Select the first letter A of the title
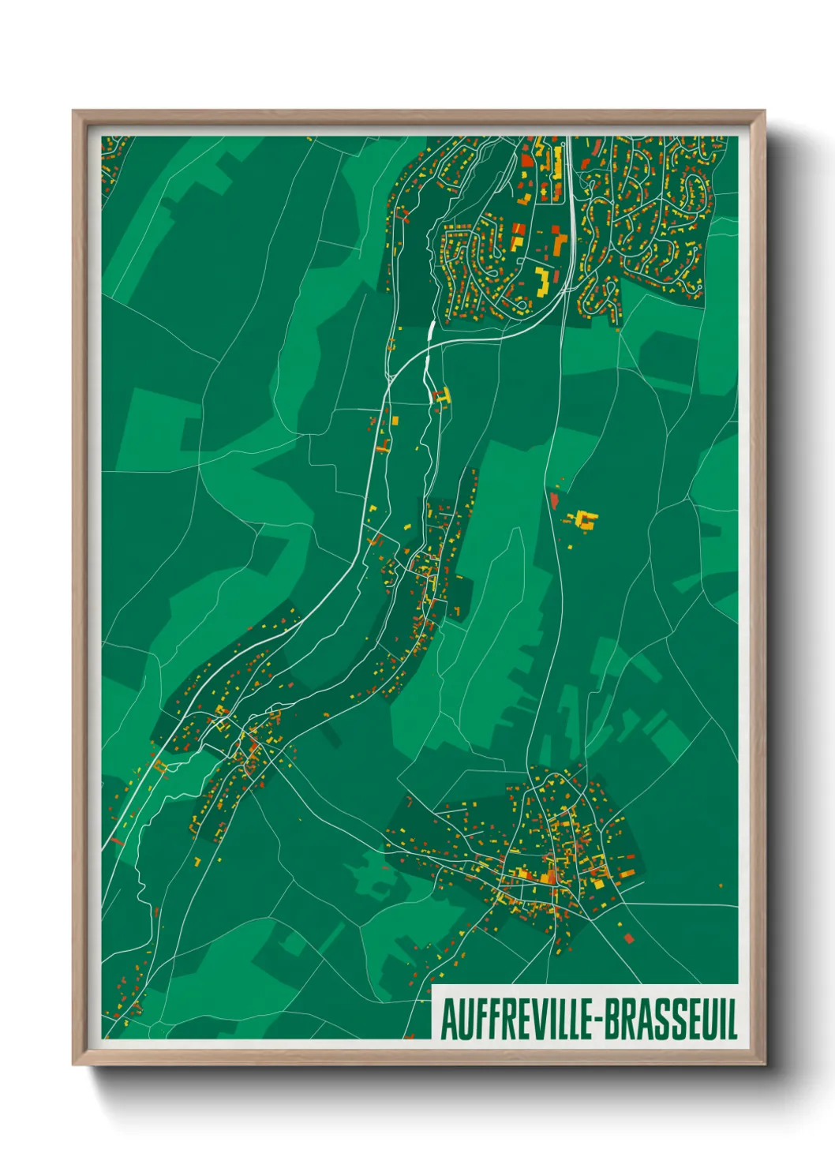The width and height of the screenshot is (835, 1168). click(x=447, y=1020)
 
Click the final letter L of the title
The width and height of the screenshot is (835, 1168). click(x=732, y=1020)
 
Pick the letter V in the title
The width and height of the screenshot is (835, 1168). click(x=536, y=1020)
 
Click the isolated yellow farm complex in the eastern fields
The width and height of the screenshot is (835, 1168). click(x=586, y=519)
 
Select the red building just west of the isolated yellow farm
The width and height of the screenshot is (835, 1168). click(x=553, y=499)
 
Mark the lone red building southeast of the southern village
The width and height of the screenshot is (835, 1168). click(x=629, y=938)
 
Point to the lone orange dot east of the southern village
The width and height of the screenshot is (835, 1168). click(x=721, y=884)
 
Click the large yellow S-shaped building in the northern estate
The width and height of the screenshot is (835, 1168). click(x=542, y=280)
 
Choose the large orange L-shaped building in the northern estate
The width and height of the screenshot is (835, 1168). click(x=558, y=241)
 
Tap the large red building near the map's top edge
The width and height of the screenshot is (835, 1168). click(x=526, y=160)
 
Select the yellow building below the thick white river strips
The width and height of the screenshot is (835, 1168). click(x=444, y=396)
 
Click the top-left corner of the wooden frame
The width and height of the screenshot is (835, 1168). click(x=74, y=112)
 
